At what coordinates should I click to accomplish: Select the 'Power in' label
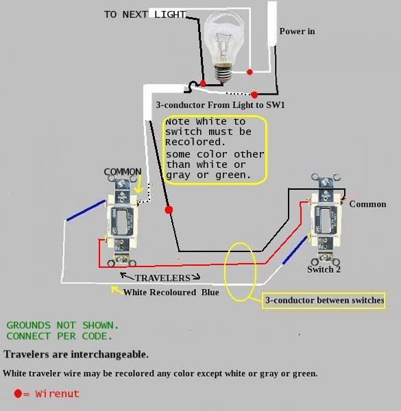coord(297,32)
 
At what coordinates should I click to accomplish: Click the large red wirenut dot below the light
coord(169,210)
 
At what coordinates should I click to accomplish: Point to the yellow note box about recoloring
coord(214,149)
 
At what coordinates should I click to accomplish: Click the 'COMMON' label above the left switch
coord(123,172)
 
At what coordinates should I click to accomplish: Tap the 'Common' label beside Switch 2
coord(367,204)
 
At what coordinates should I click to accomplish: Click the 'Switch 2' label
coord(324,269)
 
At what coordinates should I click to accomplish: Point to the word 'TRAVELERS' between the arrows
coord(162,278)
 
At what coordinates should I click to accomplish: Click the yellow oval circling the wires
coord(241,271)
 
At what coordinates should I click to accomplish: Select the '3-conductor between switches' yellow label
coord(324,301)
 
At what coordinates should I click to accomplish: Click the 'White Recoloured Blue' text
coord(171,292)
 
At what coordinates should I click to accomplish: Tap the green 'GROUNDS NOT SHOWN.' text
coord(62,325)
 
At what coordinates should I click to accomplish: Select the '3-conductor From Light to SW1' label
coord(220,105)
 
